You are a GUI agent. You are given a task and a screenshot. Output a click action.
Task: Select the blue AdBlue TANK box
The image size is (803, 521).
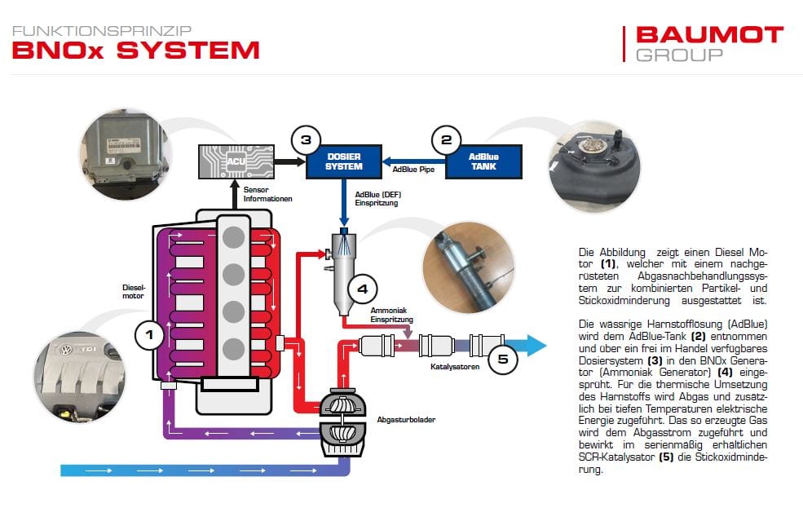483,161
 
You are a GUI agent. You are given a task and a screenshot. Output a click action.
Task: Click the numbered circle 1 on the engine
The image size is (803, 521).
149,333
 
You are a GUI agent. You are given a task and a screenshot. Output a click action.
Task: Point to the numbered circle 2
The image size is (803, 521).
446,139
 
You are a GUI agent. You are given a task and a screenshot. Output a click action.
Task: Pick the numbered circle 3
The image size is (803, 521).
305,139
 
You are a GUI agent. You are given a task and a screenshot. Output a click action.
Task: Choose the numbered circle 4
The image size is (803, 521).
362,288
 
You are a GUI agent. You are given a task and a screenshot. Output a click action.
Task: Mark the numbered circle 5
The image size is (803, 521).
502,357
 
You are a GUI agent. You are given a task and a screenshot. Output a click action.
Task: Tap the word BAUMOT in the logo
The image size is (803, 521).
708,35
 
